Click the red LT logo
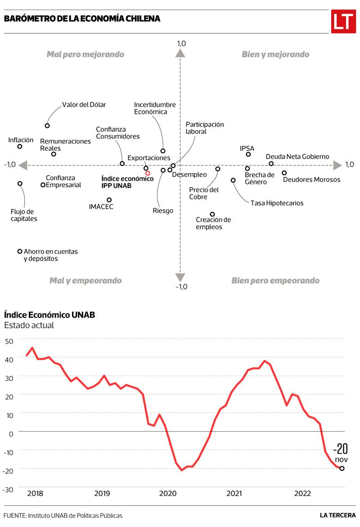click(x=343, y=21)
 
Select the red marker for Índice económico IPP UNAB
click(x=148, y=173)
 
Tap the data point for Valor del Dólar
click(x=47, y=126)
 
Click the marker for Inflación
click(x=20, y=146)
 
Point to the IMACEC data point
click(x=109, y=200)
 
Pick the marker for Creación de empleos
click(x=212, y=214)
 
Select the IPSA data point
click(x=248, y=154)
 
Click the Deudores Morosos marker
click(x=284, y=173)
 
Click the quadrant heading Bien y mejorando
click(x=275, y=54)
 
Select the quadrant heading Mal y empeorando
click(x=85, y=280)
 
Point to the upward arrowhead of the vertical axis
click(x=180, y=53)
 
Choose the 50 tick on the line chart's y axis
click(x=9, y=341)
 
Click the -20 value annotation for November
click(x=341, y=449)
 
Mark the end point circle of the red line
click(x=342, y=468)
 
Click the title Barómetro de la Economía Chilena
click(x=82, y=19)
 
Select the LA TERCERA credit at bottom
click(x=337, y=515)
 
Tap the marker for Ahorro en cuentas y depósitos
click(x=20, y=252)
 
